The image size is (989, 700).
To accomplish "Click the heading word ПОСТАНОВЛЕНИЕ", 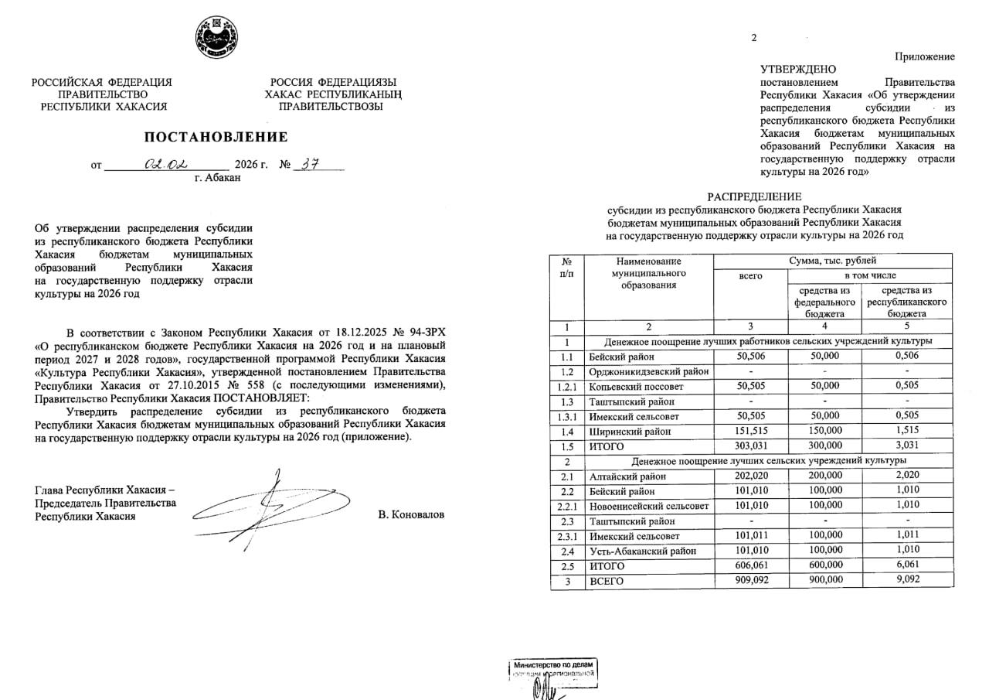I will (x=216, y=137).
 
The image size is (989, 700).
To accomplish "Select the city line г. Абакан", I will (x=217, y=178).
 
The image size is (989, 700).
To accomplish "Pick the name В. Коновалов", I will (x=411, y=515).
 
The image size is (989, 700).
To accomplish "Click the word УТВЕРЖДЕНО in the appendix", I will (x=798, y=69).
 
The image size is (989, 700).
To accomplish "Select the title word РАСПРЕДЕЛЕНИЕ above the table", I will (x=754, y=196).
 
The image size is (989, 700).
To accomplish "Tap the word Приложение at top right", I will (x=925, y=56).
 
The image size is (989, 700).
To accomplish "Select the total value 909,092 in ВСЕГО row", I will (x=750, y=580).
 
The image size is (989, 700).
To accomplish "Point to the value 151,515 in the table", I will (x=750, y=432).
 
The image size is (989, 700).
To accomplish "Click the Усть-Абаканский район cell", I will (x=642, y=551).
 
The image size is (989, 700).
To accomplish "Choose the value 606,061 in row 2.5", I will (x=750, y=565).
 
